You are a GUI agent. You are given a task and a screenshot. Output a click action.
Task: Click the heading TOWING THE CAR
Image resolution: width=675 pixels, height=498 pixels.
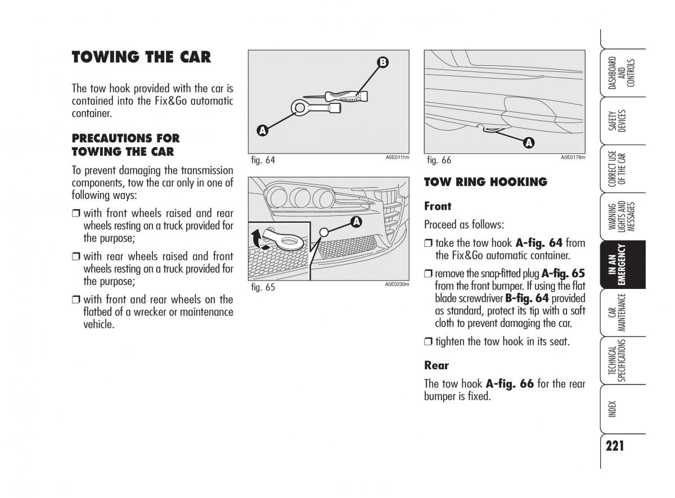click(x=141, y=57)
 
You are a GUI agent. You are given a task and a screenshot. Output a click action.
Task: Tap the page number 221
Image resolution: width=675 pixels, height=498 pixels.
click(x=615, y=446)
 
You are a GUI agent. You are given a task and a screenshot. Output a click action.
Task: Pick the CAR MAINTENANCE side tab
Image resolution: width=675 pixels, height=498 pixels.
click(x=622, y=313)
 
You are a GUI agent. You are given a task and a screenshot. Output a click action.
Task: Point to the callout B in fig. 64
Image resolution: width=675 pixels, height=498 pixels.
click(x=382, y=63)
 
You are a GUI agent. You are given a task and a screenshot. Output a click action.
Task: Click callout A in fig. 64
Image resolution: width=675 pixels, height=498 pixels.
click(x=262, y=131)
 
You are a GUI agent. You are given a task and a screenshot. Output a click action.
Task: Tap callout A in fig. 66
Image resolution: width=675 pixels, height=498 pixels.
click(x=528, y=143)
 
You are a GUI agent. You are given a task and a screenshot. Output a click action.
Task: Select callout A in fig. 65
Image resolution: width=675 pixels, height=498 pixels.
click(x=355, y=222)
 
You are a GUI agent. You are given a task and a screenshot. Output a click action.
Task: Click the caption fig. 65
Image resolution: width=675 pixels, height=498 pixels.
click(x=263, y=287)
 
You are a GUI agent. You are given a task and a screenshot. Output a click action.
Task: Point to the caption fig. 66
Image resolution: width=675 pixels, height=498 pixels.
click(x=439, y=160)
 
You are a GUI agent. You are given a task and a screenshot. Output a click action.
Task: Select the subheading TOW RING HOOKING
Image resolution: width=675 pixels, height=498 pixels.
click(x=485, y=182)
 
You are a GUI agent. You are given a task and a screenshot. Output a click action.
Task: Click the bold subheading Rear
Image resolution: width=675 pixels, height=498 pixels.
click(x=436, y=365)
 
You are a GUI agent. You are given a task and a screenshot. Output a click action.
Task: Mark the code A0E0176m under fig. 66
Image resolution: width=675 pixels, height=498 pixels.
click(x=573, y=157)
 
